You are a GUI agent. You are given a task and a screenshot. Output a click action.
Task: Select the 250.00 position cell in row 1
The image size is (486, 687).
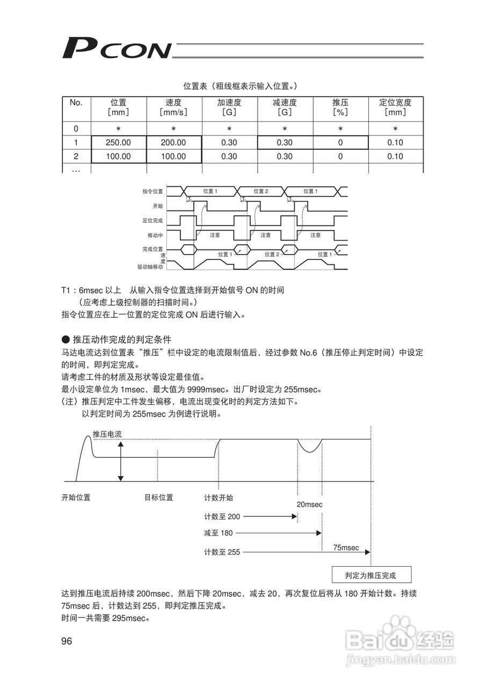[119, 143]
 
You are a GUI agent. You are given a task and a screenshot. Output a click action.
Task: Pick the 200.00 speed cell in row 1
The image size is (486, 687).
[174, 143]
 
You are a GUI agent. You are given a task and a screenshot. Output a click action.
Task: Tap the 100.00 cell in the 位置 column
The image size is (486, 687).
[119, 157]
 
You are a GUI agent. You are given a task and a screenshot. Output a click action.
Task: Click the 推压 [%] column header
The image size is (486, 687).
[340, 107]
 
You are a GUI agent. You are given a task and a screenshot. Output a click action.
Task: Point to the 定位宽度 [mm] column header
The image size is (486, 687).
[395, 107]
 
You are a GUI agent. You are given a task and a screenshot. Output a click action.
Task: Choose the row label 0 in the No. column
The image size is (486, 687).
[76, 129]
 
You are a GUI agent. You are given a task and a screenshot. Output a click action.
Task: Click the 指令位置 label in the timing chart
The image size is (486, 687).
[153, 191]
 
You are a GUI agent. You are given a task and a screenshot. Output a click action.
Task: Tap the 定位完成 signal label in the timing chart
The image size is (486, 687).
[153, 221]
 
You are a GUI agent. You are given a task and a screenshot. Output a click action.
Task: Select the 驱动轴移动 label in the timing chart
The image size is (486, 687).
[150, 266]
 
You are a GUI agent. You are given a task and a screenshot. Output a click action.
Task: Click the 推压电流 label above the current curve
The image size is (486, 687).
[107, 434]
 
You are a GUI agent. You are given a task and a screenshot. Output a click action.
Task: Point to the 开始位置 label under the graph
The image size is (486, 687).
[76, 498]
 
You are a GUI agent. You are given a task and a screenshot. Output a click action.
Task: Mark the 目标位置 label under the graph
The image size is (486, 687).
[159, 498]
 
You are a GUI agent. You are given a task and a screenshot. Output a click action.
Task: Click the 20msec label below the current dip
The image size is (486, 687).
[309, 505]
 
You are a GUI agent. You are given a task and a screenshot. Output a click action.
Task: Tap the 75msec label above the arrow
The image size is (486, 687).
[346, 547]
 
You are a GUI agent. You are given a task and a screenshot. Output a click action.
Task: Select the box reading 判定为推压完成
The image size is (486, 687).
[371, 575]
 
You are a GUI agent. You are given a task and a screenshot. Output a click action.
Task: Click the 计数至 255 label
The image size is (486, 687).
[222, 552]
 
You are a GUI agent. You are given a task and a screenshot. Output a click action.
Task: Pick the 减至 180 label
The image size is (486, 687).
[219, 533]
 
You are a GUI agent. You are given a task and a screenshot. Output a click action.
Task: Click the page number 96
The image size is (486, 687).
[67, 641]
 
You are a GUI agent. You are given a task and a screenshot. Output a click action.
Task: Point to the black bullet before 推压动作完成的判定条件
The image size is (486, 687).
[66, 339]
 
